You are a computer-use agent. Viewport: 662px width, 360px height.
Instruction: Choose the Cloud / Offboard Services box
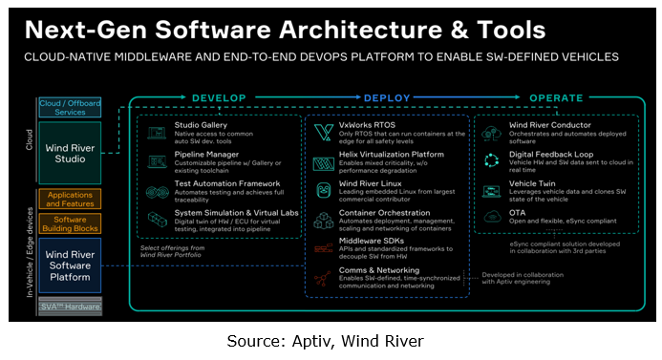(x=69, y=107)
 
